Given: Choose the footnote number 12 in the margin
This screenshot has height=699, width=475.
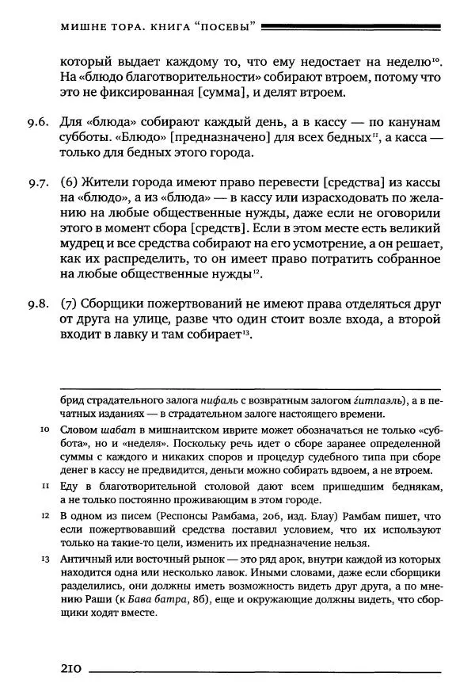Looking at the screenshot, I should click(44, 516).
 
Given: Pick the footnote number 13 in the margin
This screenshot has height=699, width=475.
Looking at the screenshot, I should click(44, 560).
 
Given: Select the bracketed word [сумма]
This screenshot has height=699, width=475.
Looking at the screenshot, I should click(246, 94).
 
